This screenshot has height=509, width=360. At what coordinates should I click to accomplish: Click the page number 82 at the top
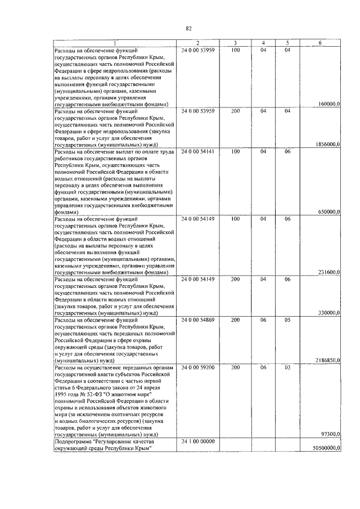(188, 28)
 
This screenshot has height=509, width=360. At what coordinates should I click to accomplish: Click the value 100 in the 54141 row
(235, 152)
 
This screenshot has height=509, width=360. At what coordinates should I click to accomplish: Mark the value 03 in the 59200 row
(287, 367)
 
